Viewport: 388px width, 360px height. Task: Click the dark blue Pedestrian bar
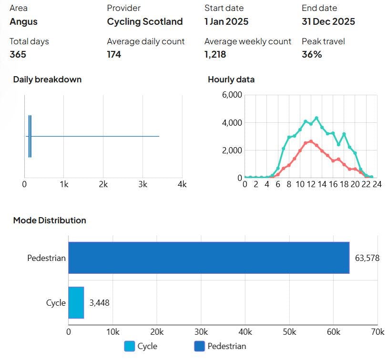click(209, 258)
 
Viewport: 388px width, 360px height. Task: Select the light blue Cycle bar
click(76, 302)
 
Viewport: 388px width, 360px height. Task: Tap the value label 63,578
click(367, 258)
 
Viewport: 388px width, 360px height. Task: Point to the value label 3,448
click(99, 303)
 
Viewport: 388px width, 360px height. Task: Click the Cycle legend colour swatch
click(130, 346)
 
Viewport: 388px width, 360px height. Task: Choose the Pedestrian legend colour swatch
click(199, 346)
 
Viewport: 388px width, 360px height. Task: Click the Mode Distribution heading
click(50, 220)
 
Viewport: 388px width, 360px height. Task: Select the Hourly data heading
click(231, 80)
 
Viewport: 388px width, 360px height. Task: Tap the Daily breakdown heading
click(47, 80)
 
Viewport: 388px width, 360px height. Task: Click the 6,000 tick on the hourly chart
click(232, 95)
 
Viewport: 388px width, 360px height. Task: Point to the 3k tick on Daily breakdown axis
click(143, 184)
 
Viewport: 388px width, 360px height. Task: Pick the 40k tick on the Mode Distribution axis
click(245, 331)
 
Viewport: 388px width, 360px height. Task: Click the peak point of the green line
click(317, 118)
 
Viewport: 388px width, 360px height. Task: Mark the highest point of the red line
click(311, 141)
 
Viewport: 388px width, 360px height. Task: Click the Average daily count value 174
click(114, 54)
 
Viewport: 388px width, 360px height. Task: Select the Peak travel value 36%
click(312, 54)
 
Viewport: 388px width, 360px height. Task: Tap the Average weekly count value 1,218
click(215, 54)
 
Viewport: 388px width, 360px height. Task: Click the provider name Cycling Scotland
click(145, 21)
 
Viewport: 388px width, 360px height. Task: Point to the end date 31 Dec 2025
click(328, 21)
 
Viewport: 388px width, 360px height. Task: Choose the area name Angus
click(23, 22)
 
